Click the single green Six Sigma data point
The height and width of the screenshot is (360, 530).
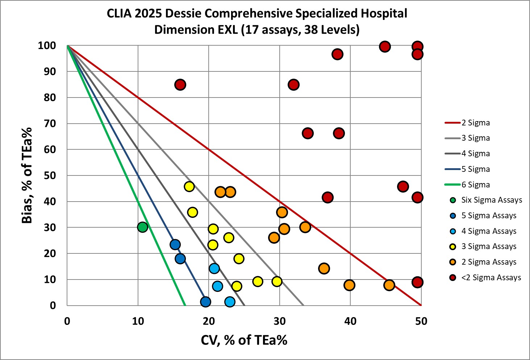[143, 227]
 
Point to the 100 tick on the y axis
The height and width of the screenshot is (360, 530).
[47, 46]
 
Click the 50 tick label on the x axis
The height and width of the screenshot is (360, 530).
[421, 321]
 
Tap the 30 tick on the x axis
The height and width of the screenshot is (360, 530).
[280, 321]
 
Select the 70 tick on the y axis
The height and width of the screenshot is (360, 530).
[50, 124]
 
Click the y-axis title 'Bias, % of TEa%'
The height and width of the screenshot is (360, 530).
[27, 175]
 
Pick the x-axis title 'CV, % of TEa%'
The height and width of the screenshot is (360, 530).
[244, 340]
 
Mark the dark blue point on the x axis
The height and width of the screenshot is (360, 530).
[205, 302]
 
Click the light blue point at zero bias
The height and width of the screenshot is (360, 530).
[230, 302]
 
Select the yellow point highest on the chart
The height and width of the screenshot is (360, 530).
[189, 187]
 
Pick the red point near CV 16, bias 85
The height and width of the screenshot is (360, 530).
[180, 85]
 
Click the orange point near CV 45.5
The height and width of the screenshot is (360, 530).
[389, 285]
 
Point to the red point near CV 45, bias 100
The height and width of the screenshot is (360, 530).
[385, 47]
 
